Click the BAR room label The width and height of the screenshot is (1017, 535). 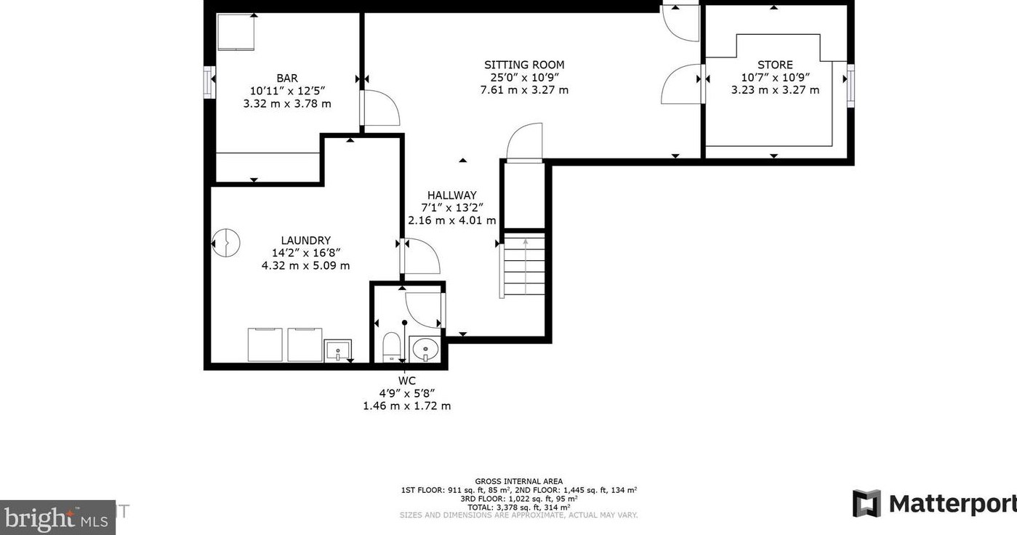coord(287,78)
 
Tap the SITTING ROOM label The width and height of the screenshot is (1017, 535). coord(524,65)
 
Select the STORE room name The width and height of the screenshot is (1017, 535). coord(775,65)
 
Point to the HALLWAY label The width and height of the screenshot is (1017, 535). coord(451,196)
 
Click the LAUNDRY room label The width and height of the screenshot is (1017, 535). coord(305,241)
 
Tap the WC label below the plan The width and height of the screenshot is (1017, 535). coord(407,381)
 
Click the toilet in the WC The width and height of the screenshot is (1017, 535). coord(391,347)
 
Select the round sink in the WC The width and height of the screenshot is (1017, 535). coord(425,349)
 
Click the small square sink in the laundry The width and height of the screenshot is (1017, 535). coord(338,350)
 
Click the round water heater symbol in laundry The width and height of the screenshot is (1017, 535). coord(225,244)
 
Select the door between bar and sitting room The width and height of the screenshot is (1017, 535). coord(380,108)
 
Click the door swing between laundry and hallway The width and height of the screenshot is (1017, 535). coord(420,256)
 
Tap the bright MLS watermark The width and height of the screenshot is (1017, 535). coord(57,518)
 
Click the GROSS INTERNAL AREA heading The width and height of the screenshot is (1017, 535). coord(518,481)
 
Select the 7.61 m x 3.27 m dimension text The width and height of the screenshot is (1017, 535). coord(524,90)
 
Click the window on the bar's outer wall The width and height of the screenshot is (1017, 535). coord(209,82)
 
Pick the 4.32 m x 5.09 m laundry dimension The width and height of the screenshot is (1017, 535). coord(305,266)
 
